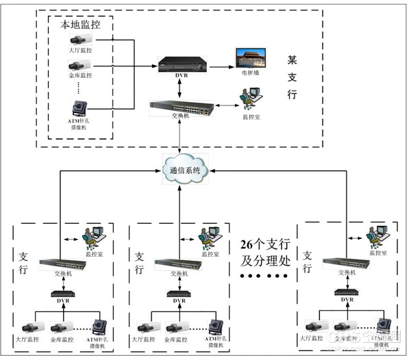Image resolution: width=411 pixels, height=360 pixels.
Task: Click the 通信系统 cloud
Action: tap(181, 170)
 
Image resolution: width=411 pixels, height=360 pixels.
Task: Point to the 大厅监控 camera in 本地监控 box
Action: tap(79, 40)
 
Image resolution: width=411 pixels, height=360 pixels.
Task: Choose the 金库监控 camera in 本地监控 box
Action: tap(79, 66)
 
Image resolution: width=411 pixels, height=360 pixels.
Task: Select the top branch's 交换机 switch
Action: tap(180, 106)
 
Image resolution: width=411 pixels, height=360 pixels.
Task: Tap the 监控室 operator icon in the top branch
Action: tap(247, 102)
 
